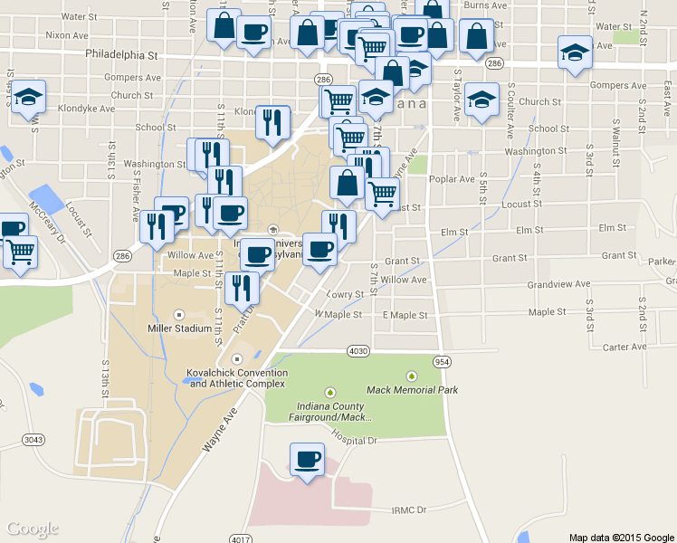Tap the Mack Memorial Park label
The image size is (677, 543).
[x=412, y=390]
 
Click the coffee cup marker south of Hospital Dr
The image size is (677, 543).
[x=307, y=460]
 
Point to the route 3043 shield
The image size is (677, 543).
[x=33, y=440]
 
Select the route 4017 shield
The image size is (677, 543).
[x=240, y=539]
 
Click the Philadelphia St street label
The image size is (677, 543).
[x=122, y=54]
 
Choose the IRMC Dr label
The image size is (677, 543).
[x=409, y=510]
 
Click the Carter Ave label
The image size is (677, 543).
[x=625, y=347]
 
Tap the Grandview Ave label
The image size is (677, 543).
[x=559, y=284]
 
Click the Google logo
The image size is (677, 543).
[x=33, y=529]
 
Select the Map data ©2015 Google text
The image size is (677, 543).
[x=622, y=538]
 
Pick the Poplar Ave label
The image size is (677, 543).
[x=453, y=179]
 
